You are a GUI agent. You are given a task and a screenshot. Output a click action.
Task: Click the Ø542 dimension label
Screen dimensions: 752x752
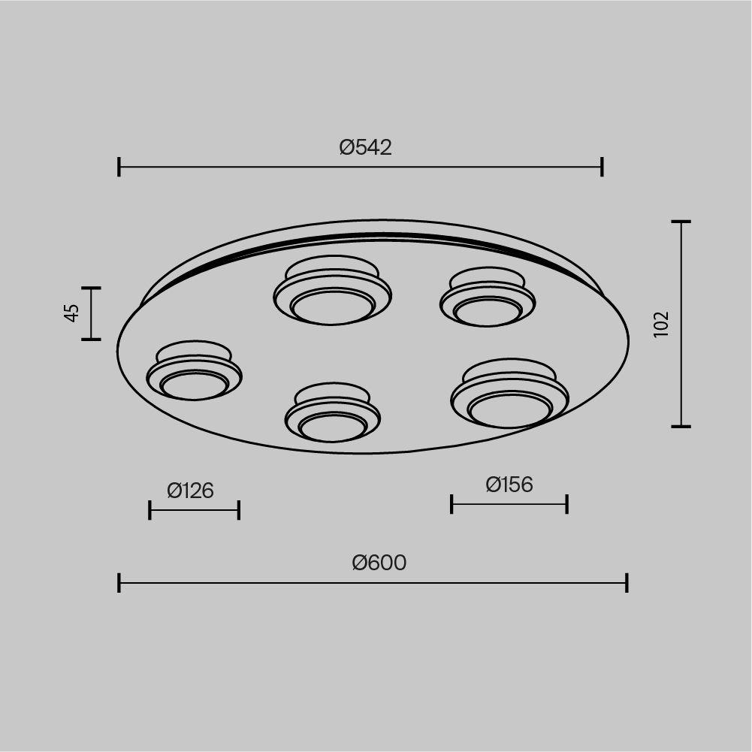(x=365, y=147)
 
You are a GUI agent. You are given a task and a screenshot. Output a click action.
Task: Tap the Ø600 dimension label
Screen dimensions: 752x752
(x=379, y=563)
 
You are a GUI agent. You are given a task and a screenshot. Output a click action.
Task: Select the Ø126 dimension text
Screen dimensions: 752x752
(x=190, y=491)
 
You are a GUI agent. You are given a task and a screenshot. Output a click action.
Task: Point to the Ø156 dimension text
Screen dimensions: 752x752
(x=509, y=485)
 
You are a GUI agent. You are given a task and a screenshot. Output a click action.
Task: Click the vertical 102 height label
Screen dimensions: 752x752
(x=661, y=325)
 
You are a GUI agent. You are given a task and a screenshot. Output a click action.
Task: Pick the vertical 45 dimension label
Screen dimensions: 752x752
(x=71, y=313)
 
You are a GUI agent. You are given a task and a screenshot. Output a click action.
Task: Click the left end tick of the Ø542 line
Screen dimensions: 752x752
(x=119, y=167)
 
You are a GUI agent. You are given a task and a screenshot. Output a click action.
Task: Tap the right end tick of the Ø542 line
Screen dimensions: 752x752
(x=602, y=167)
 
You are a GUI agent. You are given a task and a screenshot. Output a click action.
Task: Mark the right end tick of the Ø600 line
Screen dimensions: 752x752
(x=627, y=583)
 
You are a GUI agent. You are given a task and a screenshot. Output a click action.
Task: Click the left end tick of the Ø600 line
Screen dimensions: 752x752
(x=119, y=583)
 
